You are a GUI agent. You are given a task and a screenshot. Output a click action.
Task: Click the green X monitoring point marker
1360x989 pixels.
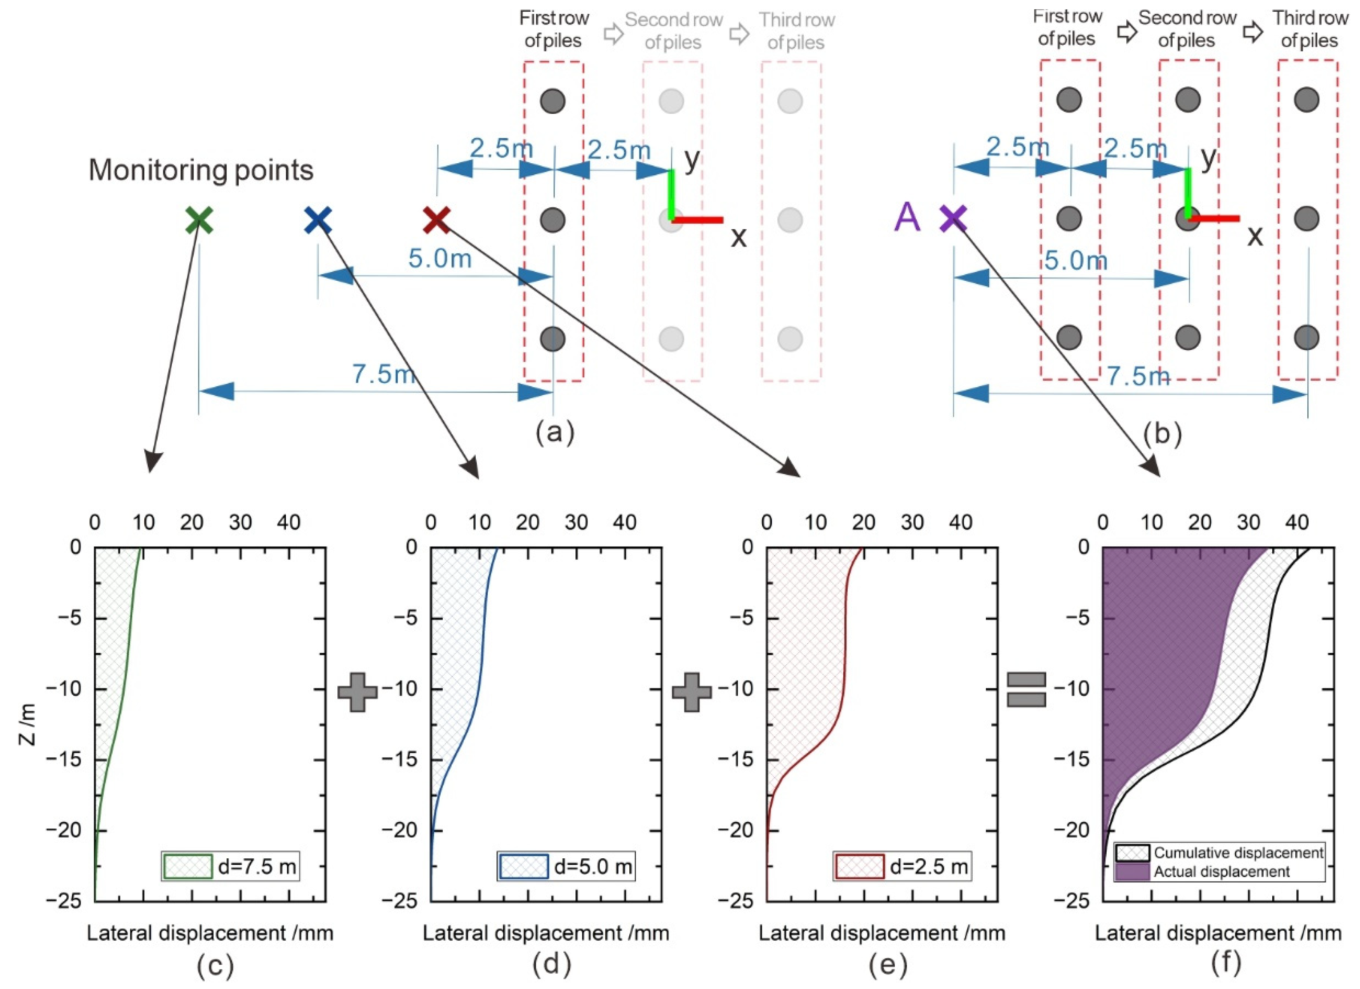(199, 220)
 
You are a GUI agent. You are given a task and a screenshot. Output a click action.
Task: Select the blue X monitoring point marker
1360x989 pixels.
(317, 220)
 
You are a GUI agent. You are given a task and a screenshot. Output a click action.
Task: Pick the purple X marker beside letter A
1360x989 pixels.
(953, 218)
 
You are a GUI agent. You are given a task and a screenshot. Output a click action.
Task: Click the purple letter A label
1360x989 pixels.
(907, 217)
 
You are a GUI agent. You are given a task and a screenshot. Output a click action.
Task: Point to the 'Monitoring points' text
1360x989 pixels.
(201, 171)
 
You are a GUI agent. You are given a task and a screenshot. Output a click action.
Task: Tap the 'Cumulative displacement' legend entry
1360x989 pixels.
(1220, 853)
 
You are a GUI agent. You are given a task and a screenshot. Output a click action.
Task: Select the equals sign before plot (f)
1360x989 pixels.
(1026, 690)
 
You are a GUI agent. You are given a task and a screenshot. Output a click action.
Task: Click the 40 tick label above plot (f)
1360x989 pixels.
(1296, 523)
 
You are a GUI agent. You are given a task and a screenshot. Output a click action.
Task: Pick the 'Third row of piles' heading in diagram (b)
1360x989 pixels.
(1310, 29)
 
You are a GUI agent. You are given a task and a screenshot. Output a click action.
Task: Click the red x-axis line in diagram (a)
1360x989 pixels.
(698, 220)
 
